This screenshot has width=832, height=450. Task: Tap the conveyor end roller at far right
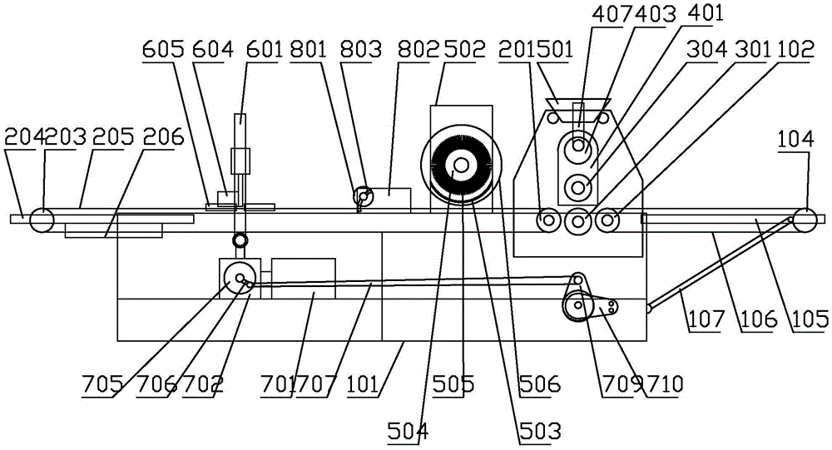(x=805, y=220)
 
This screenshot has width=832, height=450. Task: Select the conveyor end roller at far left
(x=42, y=220)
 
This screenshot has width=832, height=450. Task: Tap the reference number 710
(x=666, y=385)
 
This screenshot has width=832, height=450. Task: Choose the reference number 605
(x=159, y=50)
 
